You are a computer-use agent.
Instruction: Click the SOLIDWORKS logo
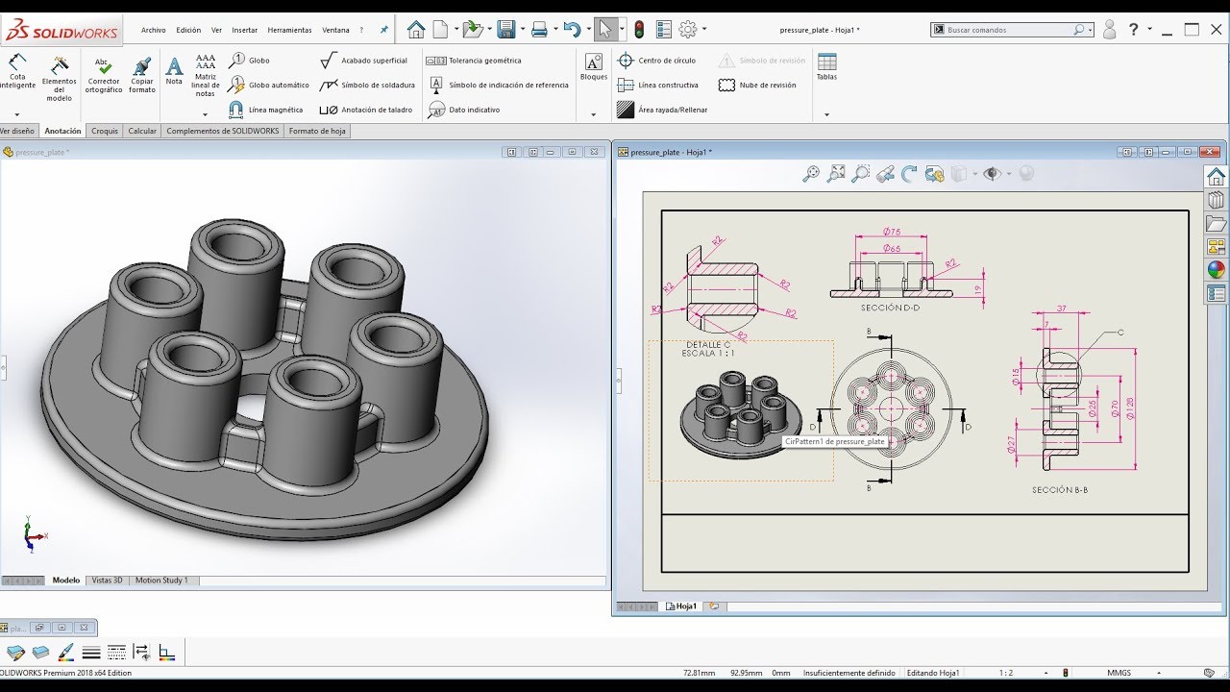pyautogui.click(x=61, y=32)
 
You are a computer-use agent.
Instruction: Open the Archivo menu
pyautogui.click(x=153, y=30)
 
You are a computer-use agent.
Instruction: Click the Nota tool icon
pyautogui.click(x=174, y=67)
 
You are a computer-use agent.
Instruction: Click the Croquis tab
pyautogui.click(x=105, y=131)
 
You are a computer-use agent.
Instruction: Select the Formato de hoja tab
pyautogui.click(x=317, y=131)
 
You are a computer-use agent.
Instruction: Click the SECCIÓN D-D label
pyautogui.click(x=890, y=308)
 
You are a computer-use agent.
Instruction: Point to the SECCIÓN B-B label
pyautogui.click(x=1060, y=490)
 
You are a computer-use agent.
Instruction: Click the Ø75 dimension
pyautogui.click(x=891, y=232)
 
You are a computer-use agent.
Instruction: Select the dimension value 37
pyautogui.click(x=1061, y=309)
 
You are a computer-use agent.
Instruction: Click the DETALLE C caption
pyautogui.click(x=708, y=344)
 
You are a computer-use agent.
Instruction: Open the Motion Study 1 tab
pyautogui.click(x=161, y=581)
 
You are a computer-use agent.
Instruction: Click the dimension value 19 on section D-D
pyautogui.click(x=977, y=288)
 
